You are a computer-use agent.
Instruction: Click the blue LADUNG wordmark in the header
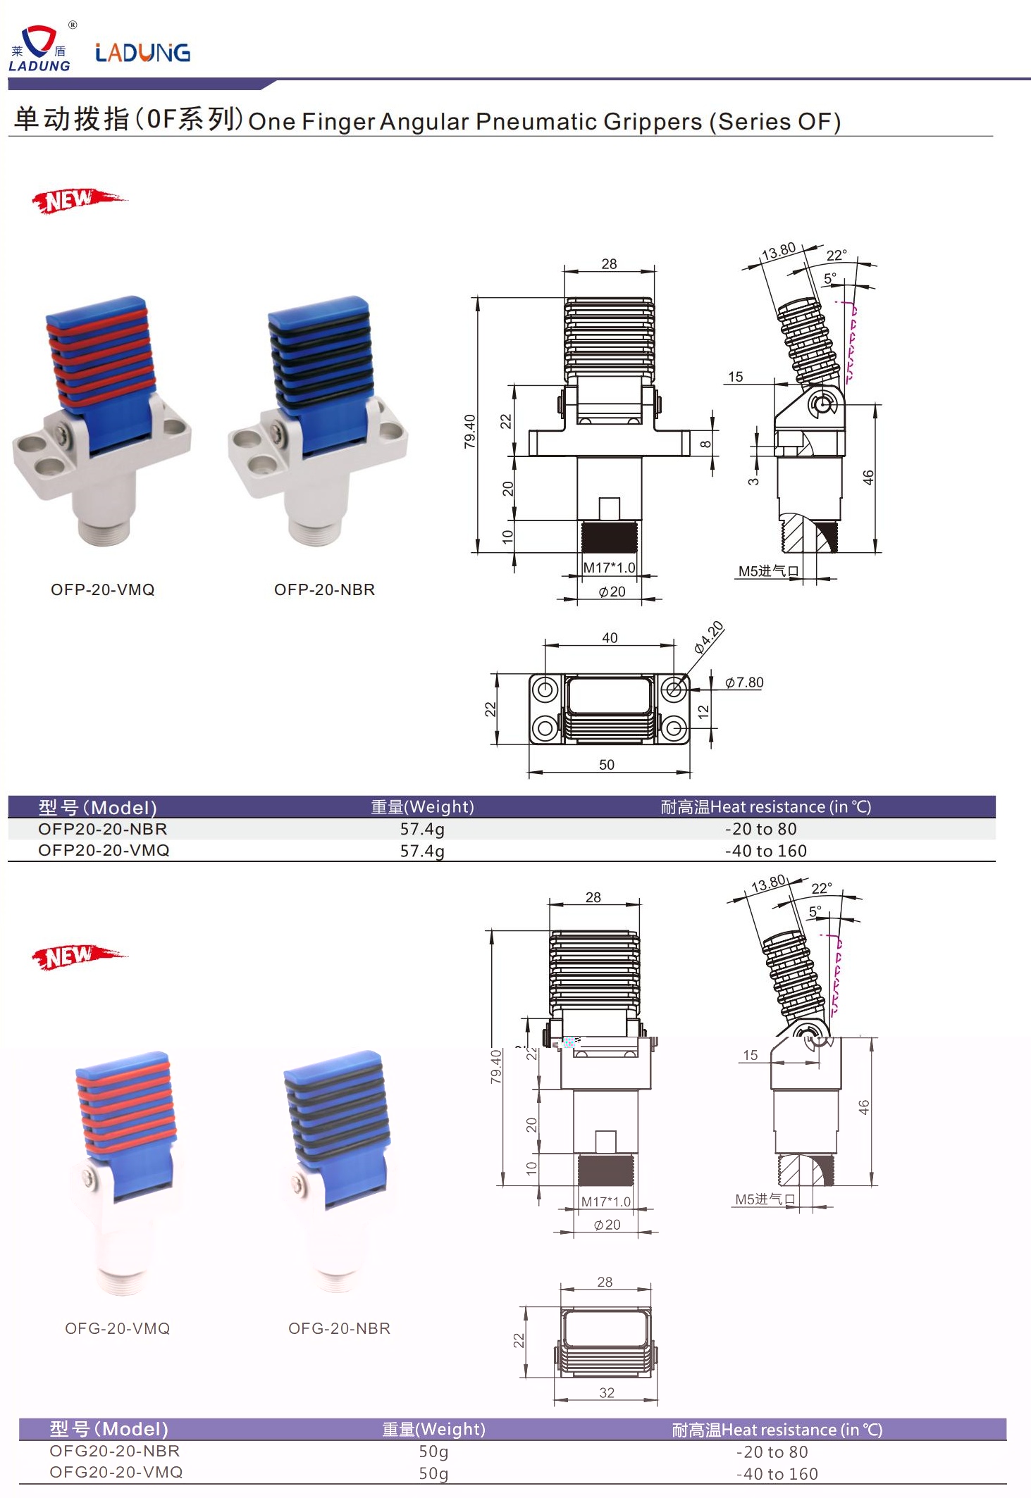pos(142,53)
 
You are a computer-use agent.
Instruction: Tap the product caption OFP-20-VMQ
pos(103,589)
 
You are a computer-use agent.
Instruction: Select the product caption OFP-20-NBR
pos(325,589)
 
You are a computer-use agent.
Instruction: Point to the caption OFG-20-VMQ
pos(118,1328)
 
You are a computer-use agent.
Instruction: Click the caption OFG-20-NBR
pos(339,1328)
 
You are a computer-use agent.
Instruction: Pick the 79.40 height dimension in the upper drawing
pos(470,431)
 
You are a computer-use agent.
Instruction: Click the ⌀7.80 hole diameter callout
pos(744,682)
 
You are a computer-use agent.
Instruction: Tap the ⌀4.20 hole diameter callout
pos(708,637)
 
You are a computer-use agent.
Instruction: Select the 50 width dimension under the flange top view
pos(607,765)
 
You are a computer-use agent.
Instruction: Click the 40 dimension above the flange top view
pos(610,637)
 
